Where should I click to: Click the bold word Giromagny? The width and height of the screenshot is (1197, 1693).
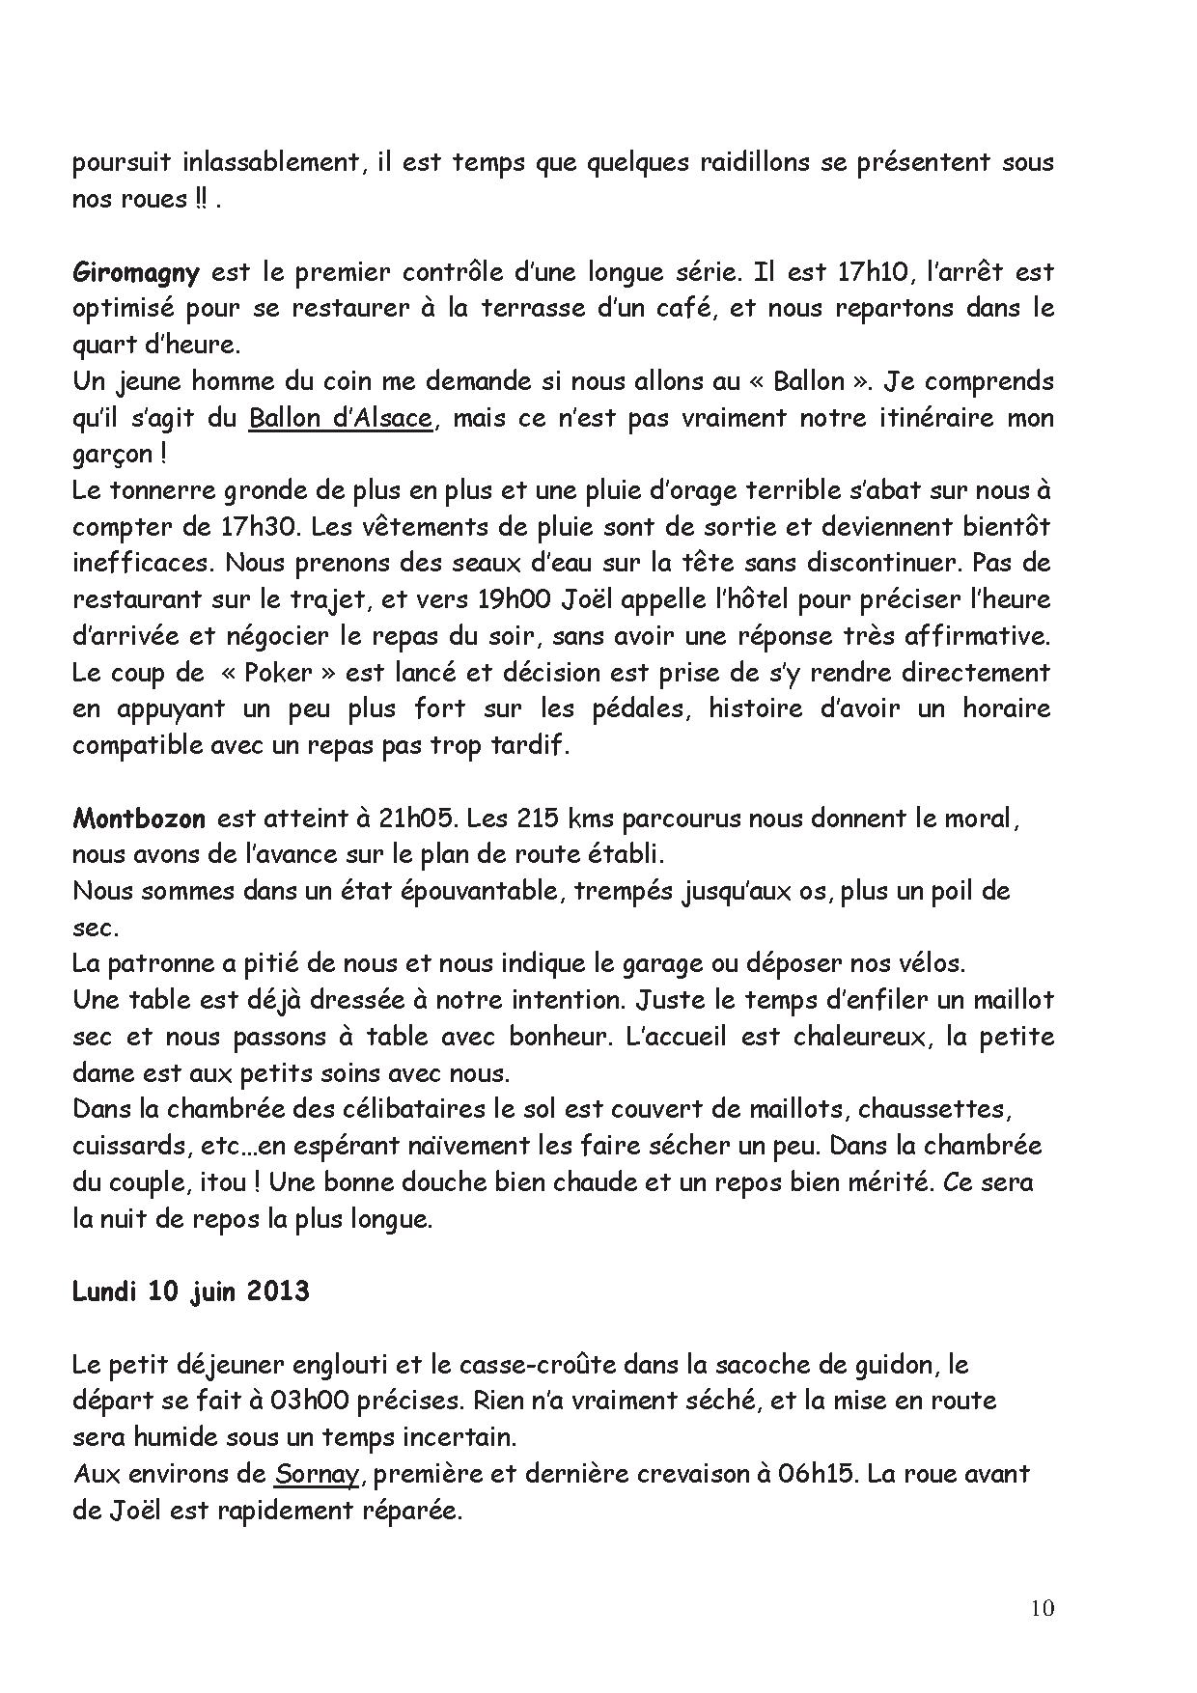click(135, 273)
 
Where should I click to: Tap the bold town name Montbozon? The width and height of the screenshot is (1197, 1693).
click(139, 819)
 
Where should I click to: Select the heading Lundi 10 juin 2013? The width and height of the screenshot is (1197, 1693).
click(190, 1291)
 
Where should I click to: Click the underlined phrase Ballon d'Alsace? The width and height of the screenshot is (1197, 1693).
click(340, 419)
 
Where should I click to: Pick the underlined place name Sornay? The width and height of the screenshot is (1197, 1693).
click(315, 1474)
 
